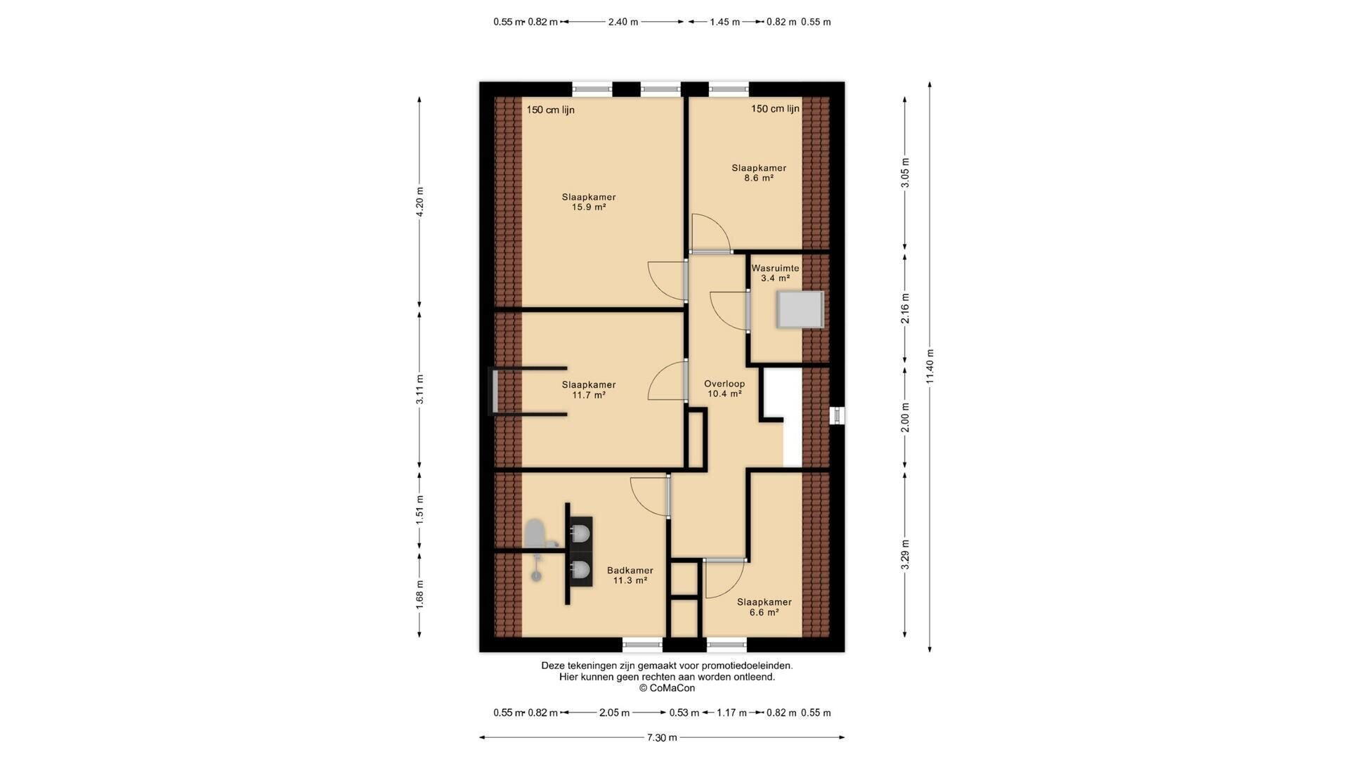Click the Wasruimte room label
pos(775,273)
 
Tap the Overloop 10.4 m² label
pos(724,389)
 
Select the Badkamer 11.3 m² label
pos(630,576)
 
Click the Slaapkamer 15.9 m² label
pos(589,202)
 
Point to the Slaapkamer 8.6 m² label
pos(759,173)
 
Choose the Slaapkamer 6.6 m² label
pos(764,607)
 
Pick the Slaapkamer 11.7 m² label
pos(589,390)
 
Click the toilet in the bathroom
pos(537,533)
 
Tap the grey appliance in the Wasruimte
pos(800,309)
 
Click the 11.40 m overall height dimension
pos(930,367)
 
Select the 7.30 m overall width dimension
pos(662,737)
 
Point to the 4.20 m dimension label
pos(419,202)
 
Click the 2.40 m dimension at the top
pos(623,22)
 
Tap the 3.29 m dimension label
pos(905,554)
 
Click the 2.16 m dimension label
pos(905,309)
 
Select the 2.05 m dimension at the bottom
pos(614,713)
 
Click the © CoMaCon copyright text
pos(667,688)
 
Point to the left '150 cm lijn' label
pos(551,110)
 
